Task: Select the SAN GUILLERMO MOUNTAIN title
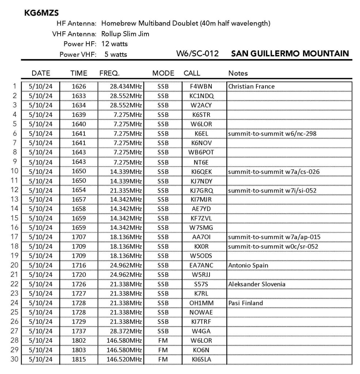coord(290,53)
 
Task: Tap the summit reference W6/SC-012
coord(198,54)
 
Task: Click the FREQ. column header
coord(110,73)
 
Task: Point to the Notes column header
coord(238,73)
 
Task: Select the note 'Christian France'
coord(251,87)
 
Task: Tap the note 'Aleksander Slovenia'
coord(257,284)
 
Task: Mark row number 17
coord(14,237)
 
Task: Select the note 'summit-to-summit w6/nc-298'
coord(272,134)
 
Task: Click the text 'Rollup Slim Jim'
coord(125,34)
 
